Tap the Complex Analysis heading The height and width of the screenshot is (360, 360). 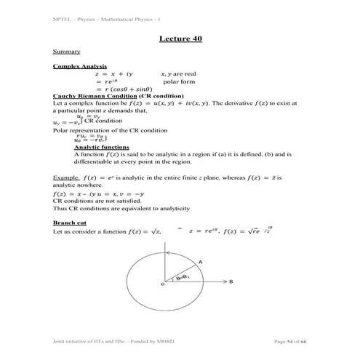coord(75,66)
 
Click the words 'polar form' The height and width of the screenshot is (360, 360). coord(179,81)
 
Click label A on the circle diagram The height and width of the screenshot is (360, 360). coord(201,260)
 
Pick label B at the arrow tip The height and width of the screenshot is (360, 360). coord(231,280)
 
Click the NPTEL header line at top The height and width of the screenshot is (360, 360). coord(95,18)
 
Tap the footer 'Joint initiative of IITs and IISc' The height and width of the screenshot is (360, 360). coord(103,341)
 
